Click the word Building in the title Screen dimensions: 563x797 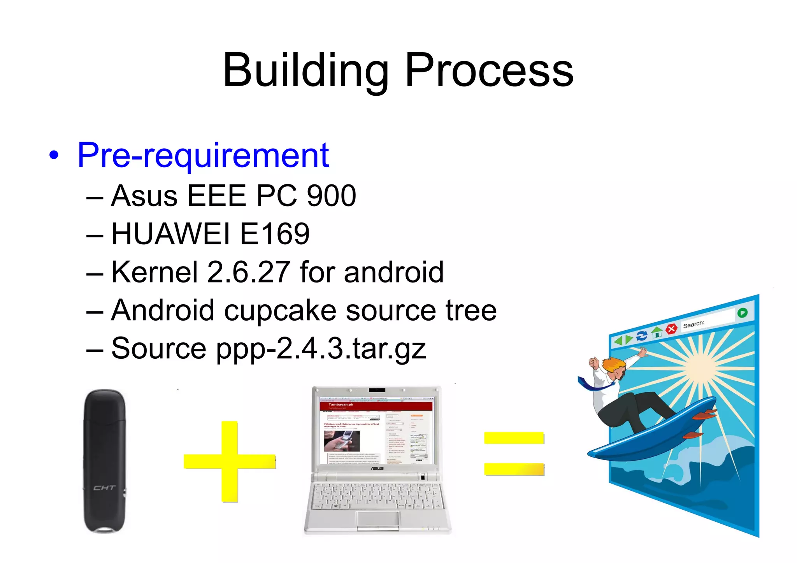[x=305, y=71]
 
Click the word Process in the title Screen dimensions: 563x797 [x=489, y=71]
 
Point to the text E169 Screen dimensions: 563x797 [x=275, y=234]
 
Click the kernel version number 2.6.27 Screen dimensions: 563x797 [x=248, y=272]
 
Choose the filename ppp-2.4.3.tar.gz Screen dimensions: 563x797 [x=321, y=349]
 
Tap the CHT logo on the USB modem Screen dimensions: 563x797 [x=104, y=488]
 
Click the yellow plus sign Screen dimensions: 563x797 [x=230, y=461]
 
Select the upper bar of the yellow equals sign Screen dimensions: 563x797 [x=514, y=438]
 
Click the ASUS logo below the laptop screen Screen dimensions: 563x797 [x=377, y=468]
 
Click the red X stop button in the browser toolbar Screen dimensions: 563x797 [x=671, y=329]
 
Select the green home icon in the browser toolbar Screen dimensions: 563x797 [x=657, y=332]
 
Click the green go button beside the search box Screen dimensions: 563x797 [x=742, y=313]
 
